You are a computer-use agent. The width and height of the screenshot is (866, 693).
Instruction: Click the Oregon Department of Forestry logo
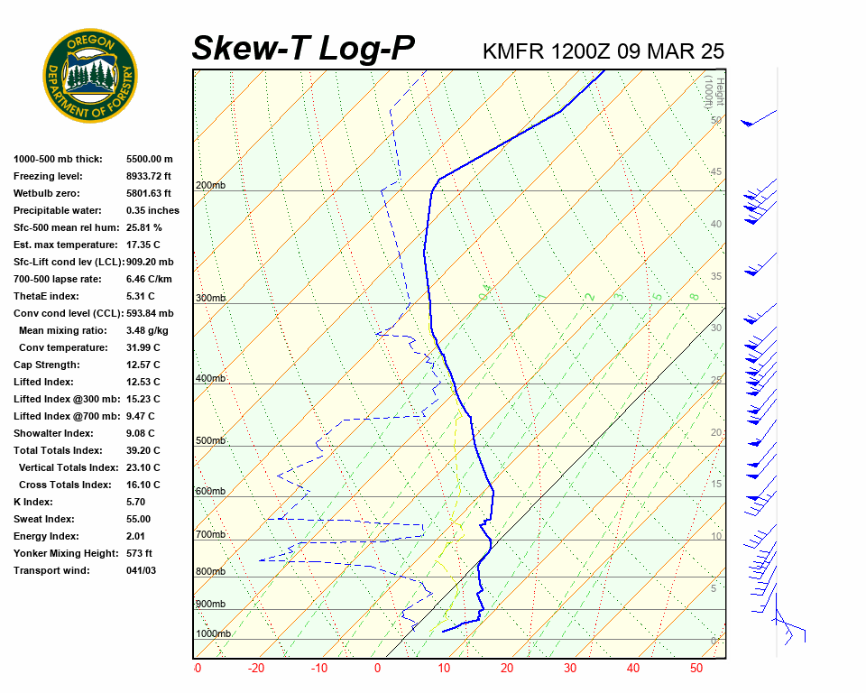point(90,76)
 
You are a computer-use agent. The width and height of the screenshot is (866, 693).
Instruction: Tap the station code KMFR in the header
point(512,51)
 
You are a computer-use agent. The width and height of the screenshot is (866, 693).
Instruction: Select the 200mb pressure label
point(210,186)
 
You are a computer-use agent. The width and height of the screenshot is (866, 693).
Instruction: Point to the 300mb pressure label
point(210,298)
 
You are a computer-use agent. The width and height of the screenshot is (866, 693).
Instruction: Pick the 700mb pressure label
point(210,535)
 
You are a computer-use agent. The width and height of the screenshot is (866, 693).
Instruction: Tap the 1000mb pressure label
point(213,634)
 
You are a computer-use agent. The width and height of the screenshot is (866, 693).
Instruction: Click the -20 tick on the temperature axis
point(256,669)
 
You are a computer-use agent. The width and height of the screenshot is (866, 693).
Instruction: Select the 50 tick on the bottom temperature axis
point(696,669)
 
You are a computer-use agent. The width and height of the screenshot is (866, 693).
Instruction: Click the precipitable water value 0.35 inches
point(152,210)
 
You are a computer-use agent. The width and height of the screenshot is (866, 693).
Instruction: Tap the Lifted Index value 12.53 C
point(143,382)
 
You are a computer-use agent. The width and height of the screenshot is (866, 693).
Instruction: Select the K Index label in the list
point(33,502)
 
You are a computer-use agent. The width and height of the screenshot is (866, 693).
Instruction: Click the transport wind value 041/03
point(142,570)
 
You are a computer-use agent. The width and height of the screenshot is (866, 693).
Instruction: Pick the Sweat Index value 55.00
point(139,519)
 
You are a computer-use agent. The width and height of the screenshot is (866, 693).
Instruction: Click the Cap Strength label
point(46,365)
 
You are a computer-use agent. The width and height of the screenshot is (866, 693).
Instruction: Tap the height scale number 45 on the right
point(715,172)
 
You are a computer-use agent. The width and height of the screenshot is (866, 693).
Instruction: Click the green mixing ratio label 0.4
point(485,292)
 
